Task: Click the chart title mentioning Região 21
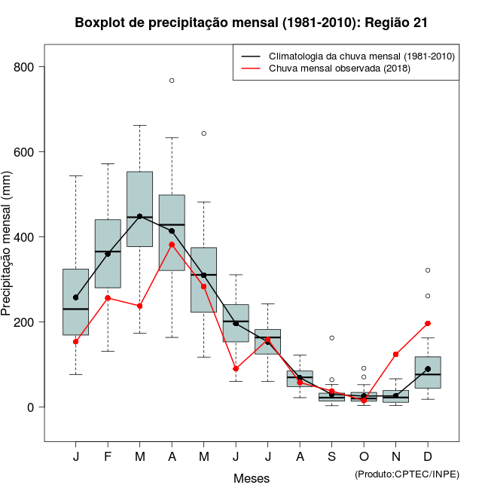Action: pos(252,23)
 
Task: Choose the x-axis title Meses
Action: pos(252,478)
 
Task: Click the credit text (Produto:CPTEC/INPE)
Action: pos(407,474)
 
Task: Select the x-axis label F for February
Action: pos(108,457)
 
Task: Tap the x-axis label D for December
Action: pos(428,457)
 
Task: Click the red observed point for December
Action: pos(428,323)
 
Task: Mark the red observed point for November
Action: pos(396,354)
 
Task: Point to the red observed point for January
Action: pos(76,341)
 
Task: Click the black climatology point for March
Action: pos(139,217)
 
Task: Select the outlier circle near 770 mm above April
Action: pos(172,80)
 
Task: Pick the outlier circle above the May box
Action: pos(203,133)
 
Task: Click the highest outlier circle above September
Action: pos(332,337)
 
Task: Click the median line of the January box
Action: pos(76,309)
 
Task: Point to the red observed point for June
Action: pos(236,368)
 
